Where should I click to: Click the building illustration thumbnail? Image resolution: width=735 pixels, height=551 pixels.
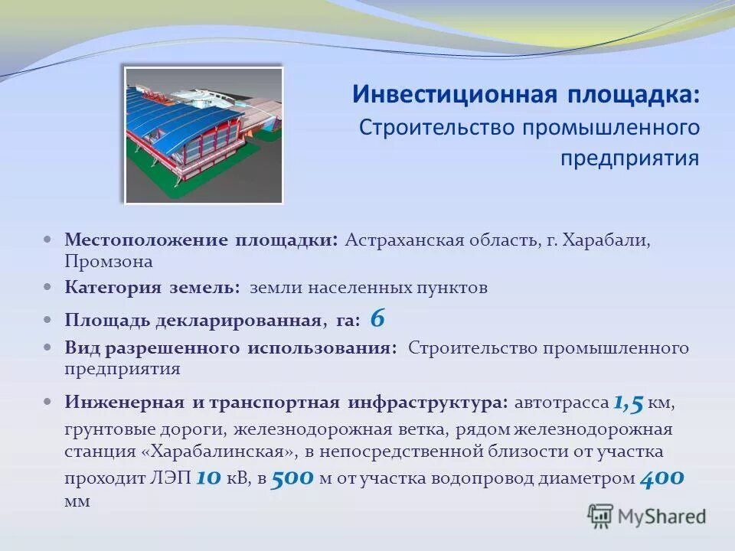click(204, 135)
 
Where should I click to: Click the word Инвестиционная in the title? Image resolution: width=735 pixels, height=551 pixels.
click(453, 95)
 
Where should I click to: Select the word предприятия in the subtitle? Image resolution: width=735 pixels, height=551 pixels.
click(629, 158)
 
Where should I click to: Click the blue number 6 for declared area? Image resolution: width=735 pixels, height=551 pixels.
click(377, 317)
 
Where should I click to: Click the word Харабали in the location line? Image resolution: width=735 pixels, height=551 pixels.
click(606, 240)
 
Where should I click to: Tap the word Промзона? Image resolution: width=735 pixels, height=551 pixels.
click(109, 261)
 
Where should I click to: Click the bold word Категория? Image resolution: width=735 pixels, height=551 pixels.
click(113, 288)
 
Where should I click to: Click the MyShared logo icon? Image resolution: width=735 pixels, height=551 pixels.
click(600, 517)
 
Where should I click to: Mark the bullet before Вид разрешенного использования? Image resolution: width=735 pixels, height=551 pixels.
click(48, 347)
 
